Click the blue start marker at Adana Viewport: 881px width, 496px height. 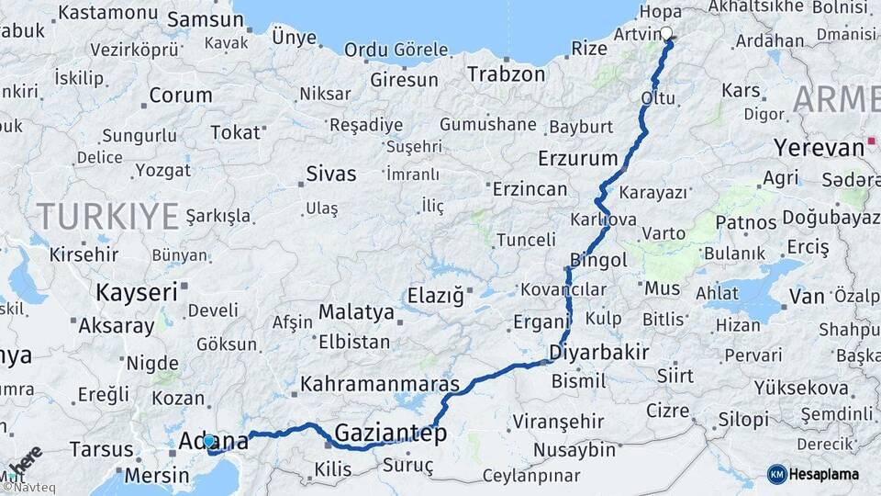tap(209, 441)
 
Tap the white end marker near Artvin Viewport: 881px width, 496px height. tap(666, 34)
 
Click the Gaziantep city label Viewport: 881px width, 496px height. tap(390, 433)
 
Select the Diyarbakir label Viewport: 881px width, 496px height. tap(599, 352)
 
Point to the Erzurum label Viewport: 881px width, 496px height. tap(577, 157)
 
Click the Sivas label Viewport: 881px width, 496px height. tap(330, 173)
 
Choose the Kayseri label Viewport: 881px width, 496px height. tap(136, 293)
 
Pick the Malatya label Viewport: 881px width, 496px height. tap(356, 312)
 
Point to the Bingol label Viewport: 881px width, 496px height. tap(598, 260)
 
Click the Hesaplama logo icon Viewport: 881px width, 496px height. tap(776, 473)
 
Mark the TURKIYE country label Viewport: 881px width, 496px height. tap(107, 217)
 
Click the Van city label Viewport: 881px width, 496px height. tap(808, 297)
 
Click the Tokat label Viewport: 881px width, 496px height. tap(236, 132)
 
